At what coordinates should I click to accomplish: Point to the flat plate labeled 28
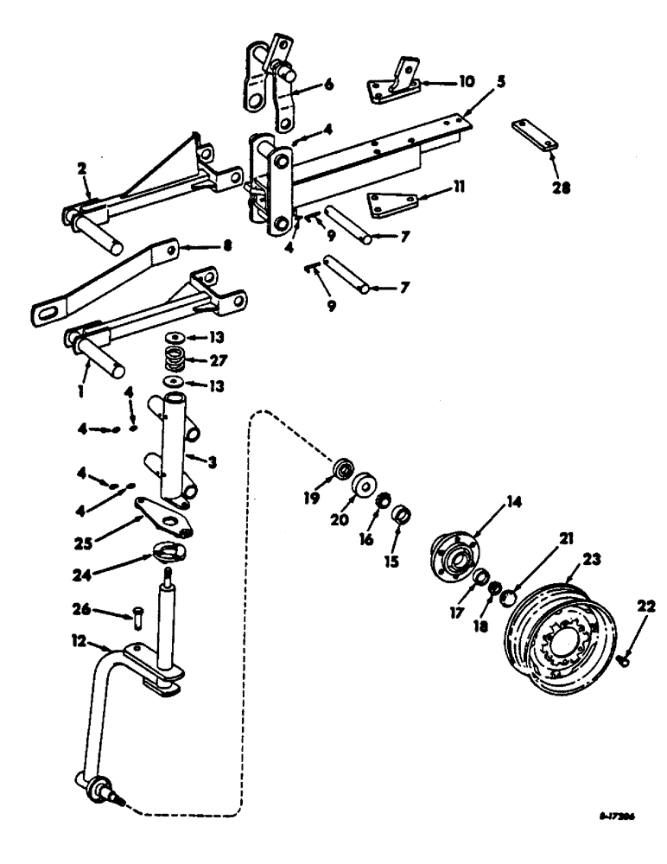pyautogui.click(x=532, y=137)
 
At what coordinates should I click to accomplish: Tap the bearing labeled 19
pyautogui.click(x=345, y=470)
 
